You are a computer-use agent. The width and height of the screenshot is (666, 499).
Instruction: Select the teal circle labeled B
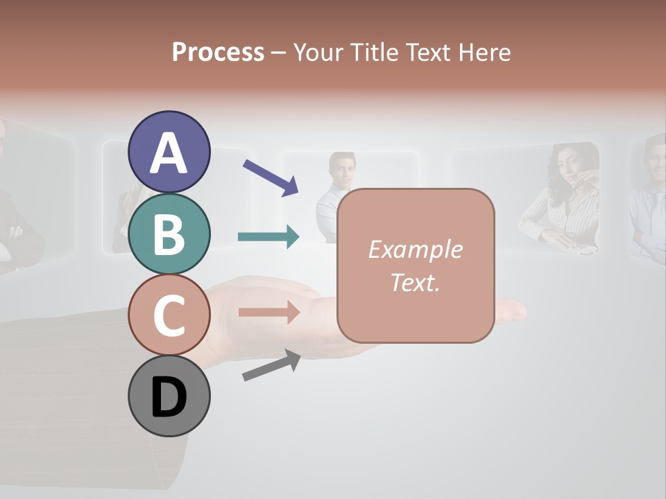(x=169, y=234)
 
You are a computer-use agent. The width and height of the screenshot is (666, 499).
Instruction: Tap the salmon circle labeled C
(x=169, y=315)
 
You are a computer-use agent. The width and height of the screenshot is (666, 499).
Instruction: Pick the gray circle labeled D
(x=169, y=396)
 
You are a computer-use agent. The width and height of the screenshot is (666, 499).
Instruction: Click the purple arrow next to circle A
(x=271, y=177)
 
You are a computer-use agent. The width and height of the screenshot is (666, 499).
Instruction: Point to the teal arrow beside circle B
(x=268, y=237)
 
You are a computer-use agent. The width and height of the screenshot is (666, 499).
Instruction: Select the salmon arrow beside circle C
(x=268, y=313)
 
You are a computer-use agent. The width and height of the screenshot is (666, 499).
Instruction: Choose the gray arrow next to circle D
(x=271, y=365)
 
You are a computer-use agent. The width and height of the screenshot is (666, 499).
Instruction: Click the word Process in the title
(x=218, y=52)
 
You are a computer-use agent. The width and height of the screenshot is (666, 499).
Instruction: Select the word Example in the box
(x=415, y=249)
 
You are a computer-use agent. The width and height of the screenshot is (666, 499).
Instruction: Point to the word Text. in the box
(x=415, y=283)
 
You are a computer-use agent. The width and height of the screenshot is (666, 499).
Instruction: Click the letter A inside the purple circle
(x=169, y=153)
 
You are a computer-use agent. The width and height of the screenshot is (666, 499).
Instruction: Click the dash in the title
(x=279, y=53)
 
